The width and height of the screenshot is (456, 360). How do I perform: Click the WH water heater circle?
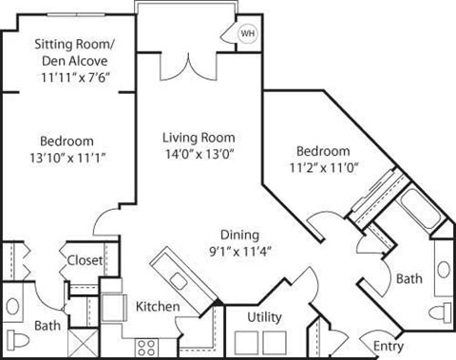(x=248, y=32)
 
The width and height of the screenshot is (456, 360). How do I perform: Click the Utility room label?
(x=263, y=316)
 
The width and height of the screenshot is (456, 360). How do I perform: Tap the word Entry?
(x=389, y=345)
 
